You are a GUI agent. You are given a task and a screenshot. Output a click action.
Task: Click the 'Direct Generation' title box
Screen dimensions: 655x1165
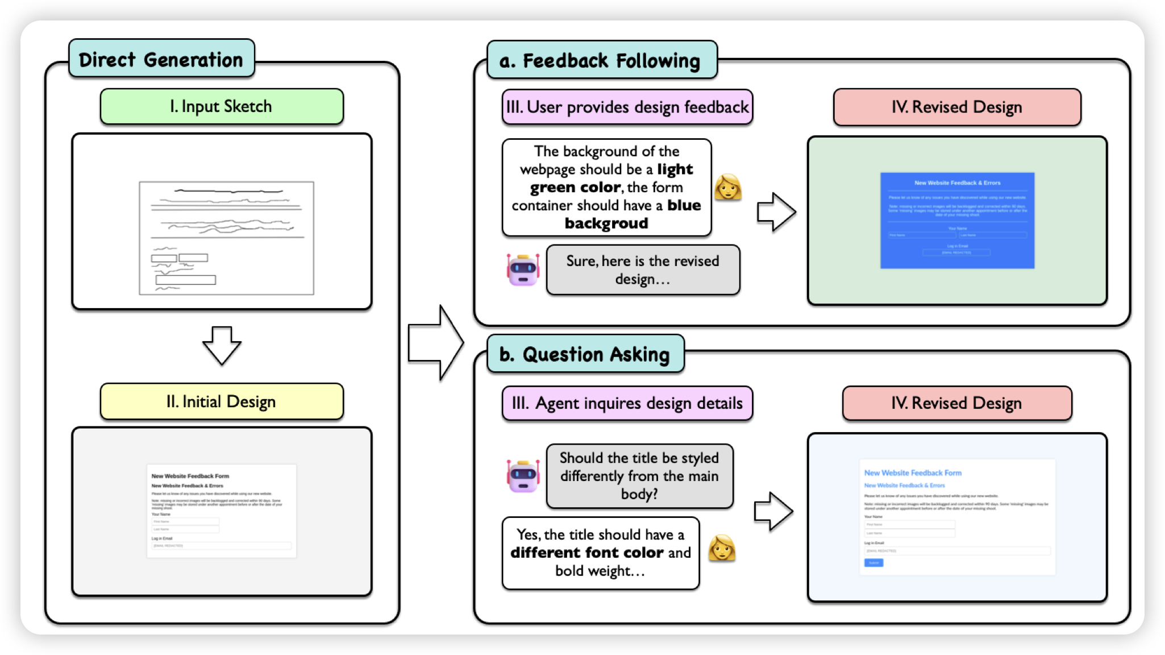click(x=161, y=59)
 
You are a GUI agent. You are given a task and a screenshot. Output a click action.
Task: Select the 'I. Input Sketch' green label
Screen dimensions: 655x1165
click(x=222, y=106)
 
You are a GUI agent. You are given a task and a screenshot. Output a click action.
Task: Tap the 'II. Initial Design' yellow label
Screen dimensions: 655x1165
click(x=222, y=401)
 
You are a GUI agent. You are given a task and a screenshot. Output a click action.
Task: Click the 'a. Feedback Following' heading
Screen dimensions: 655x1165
click(x=601, y=60)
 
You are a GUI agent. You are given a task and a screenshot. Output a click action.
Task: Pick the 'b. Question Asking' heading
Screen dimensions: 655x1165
click(x=585, y=354)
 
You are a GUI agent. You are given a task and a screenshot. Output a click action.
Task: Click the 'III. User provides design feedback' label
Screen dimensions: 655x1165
click(x=627, y=107)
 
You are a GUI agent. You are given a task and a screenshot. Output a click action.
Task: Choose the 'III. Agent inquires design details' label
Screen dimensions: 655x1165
click(x=627, y=403)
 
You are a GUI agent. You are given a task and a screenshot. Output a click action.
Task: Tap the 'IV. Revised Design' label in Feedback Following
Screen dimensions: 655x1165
click(x=957, y=107)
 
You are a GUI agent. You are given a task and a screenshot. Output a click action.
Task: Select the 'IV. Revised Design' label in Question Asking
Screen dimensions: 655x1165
click(x=957, y=403)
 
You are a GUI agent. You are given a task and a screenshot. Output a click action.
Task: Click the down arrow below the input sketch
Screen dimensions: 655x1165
click(x=222, y=345)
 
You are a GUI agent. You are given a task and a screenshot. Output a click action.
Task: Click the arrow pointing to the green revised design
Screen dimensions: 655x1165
click(x=776, y=212)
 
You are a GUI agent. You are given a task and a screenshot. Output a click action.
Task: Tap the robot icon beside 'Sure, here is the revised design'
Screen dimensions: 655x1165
click(x=523, y=270)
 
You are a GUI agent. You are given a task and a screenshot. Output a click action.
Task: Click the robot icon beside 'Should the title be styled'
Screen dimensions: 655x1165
click(x=523, y=475)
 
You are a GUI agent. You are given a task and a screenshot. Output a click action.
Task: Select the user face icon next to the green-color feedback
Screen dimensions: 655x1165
click(x=728, y=187)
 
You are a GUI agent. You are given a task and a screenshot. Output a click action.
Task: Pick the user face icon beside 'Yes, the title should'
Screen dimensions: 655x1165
click(x=722, y=549)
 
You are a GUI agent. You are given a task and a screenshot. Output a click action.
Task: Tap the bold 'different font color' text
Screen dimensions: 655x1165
click(x=586, y=553)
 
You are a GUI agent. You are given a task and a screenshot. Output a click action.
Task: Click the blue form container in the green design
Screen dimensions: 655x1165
click(x=957, y=221)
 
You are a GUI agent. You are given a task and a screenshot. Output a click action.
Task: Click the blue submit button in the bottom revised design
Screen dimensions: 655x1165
click(x=873, y=563)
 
